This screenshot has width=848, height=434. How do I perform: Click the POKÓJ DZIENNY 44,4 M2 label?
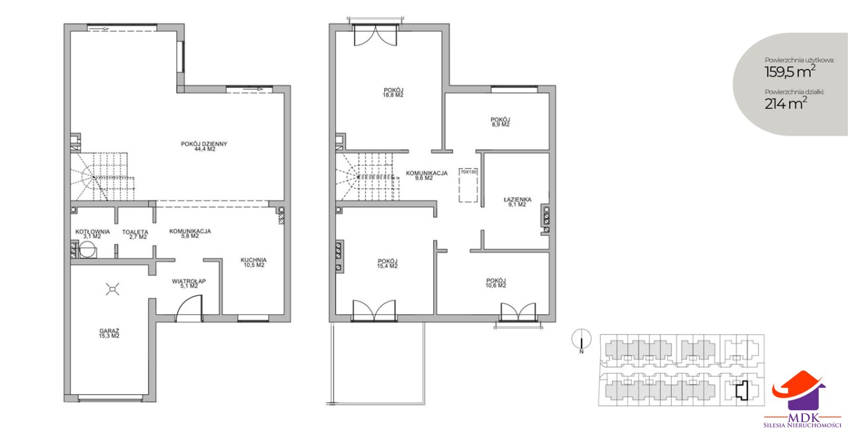tap(203, 146)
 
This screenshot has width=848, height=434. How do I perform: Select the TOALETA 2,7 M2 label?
tap(135, 234)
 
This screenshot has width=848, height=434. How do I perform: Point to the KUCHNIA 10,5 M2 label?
tap(254, 263)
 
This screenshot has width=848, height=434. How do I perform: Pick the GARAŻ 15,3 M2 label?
tap(109, 333)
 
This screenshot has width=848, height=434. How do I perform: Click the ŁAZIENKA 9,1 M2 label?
tap(517, 202)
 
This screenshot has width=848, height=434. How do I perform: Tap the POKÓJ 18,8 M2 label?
tap(393, 93)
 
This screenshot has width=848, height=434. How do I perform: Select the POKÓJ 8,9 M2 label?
tap(500, 122)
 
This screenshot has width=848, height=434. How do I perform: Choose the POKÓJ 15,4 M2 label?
tap(388, 263)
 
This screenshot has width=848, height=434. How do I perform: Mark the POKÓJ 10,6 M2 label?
tap(496, 282)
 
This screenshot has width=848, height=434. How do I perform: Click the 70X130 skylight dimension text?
tap(468, 171)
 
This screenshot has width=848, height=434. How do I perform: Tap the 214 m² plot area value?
tap(786, 103)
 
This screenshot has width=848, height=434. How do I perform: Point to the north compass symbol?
tap(582, 339)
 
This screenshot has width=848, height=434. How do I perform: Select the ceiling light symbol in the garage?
tap(113, 289)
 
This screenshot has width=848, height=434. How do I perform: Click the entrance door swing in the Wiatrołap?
tap(189, 308)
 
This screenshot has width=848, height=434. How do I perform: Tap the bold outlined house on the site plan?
tap(743, 390)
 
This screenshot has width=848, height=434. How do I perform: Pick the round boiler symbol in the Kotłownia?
tap(87, 250)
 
